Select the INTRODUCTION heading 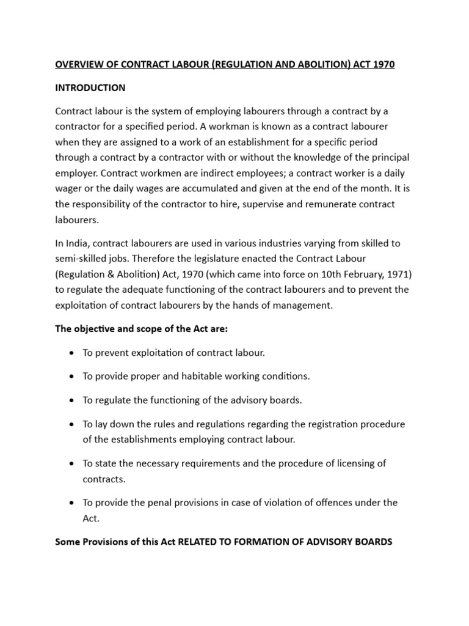pos(90,87)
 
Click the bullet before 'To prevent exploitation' pos(72,353)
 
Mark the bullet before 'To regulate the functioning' pos(72,400)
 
